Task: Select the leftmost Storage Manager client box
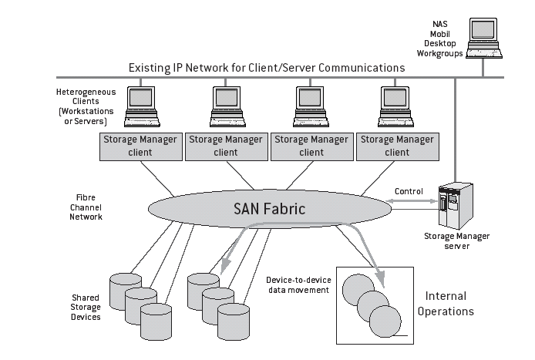tap(140, 146)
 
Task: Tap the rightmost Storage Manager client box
tap(397, 146)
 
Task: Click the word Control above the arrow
tap(409, 190)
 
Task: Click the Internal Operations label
tap(449, 304)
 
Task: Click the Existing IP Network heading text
tap(267, 68)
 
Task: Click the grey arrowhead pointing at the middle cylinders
tap(226, 267)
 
